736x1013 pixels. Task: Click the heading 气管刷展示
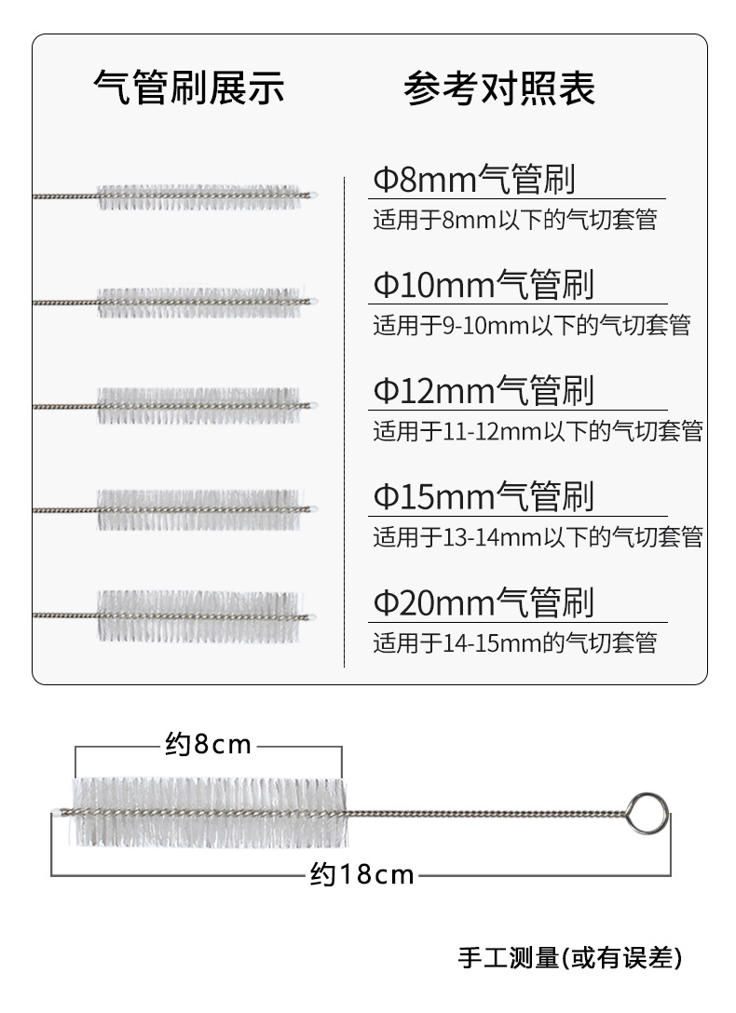point(189,88)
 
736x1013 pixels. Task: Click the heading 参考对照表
point(499,88)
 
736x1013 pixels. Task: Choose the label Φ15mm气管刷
point(484,495)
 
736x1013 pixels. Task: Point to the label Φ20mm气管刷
point(484,601)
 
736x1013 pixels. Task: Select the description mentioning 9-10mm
point(532,326)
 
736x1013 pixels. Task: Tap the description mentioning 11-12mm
point(538,431)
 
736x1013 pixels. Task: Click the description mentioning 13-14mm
point(538,537)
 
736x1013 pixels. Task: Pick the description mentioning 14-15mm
point(515,643)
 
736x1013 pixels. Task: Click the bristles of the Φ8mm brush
point(200,196)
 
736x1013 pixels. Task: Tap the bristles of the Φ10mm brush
point(200,302)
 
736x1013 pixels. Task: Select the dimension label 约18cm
point(361,875)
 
